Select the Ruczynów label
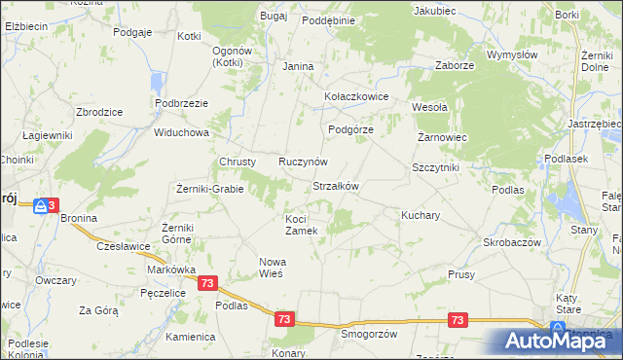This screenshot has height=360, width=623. (303, 161)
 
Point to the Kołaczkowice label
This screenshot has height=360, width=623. (356, 97)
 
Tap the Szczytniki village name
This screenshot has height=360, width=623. (435, 167)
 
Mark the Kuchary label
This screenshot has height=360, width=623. (421, 214)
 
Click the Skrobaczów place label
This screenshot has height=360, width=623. (512, 241)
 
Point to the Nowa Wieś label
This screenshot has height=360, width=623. (271, 267)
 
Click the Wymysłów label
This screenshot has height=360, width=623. (513, 55)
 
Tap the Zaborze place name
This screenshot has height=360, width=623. (455, 66)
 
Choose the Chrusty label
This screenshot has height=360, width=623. (238, 162)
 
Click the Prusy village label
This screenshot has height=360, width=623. (461, 275)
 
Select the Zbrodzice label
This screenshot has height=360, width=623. (98, 112)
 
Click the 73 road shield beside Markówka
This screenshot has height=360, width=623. (207, 282)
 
